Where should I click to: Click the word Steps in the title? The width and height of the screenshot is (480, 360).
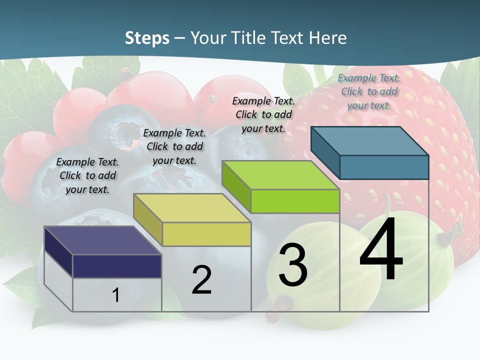[147, 38]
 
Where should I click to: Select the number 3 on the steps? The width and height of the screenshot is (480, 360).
[293, 265]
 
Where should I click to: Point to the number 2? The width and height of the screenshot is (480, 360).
[201, 280]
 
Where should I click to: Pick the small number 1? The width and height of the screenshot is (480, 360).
[115, 295]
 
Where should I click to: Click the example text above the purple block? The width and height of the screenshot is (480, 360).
[87, 175]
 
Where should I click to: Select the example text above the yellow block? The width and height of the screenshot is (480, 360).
[174, 146]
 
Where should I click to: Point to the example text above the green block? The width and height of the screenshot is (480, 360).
[263, 114]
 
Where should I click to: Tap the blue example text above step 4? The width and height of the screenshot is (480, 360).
[369, 91]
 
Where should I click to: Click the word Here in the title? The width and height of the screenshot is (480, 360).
[328, 38]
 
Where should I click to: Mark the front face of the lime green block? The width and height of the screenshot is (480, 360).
[295, 201]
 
